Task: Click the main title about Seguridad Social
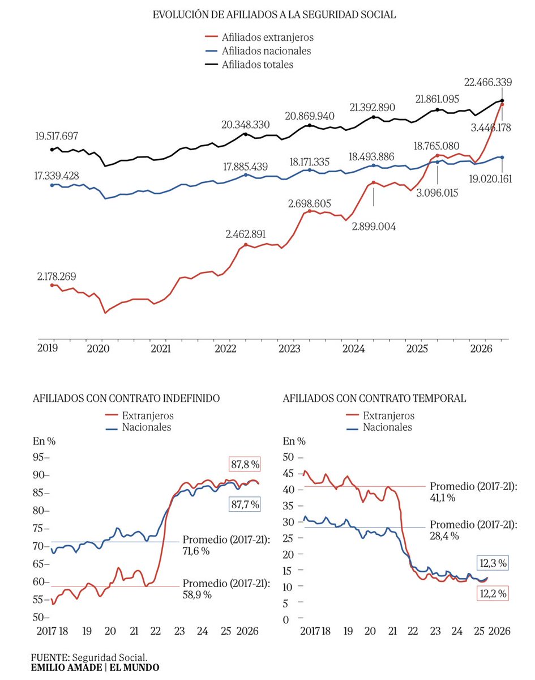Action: point(274,15)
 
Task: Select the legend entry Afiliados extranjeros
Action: point(259,37)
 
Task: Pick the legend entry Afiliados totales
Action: point(249,65)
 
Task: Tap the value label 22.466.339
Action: point(487,82)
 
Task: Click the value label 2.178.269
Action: point(57,277)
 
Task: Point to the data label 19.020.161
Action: point(490,179)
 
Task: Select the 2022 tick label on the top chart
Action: point(225,348)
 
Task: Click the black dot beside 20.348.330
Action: point(246,134)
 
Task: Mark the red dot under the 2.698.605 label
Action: point(310,211)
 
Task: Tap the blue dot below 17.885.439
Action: point(246,175)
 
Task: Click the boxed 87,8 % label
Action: point(245,465)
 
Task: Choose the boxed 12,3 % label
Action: point(493,563)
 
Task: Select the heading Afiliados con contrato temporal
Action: point(374,398)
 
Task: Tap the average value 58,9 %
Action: point(197,594)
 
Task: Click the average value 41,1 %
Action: point(443,498)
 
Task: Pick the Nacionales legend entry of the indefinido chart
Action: point(138,427)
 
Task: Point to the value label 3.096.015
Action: point(437,193)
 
